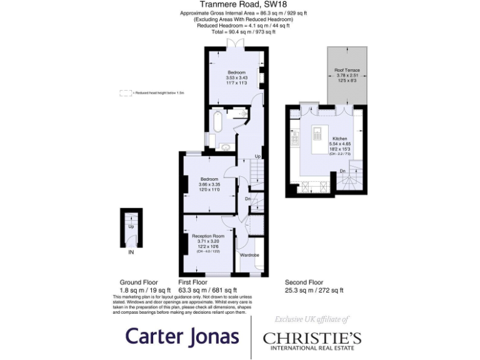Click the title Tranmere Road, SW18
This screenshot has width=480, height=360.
[239, 5]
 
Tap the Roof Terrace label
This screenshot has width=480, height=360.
[347, 70]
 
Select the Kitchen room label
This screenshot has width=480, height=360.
[339, 138]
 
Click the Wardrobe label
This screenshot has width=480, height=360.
[250, 256]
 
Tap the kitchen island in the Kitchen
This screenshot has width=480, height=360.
[317, 134]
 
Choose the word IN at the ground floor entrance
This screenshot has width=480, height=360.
[131, 252]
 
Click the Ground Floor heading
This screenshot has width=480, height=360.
[139, 282]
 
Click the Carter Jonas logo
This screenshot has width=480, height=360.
[182, 336]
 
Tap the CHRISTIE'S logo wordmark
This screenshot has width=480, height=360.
[312, 337]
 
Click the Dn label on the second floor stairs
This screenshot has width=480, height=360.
[342, 171]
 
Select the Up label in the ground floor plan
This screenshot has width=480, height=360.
[131, 226]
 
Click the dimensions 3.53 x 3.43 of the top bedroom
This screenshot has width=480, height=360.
[237, 77]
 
